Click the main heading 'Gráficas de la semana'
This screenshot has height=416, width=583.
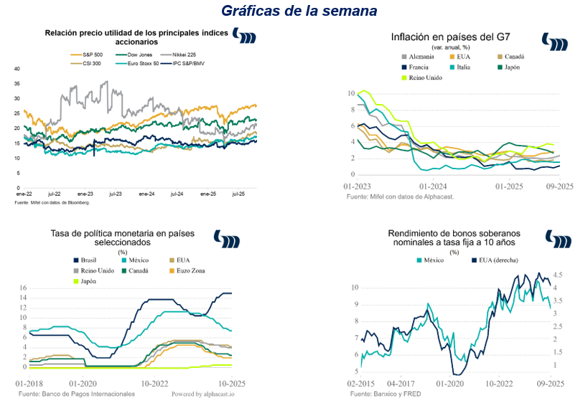coord(299,11)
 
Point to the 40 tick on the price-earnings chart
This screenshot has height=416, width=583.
coord(17,69)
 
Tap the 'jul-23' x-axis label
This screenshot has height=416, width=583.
coord(115,194)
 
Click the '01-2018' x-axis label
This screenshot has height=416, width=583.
coord(29,384)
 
